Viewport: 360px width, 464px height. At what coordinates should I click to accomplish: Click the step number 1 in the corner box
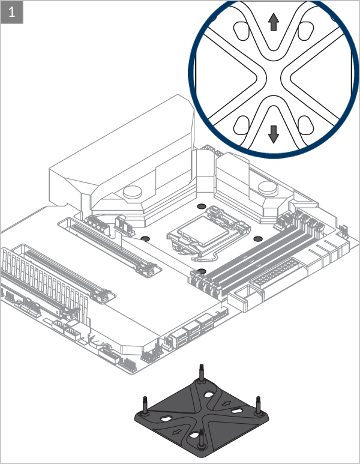pos(12,13)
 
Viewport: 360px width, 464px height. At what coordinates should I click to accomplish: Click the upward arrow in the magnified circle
pos(274,22)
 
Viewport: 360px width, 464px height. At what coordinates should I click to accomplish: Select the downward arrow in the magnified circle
pos(274,134)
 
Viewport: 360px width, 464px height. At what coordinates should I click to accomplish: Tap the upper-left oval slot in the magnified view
pos(241,31)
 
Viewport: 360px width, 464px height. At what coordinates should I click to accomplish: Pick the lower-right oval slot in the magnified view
pos(305,125)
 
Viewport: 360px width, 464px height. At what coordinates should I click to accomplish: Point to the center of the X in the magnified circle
pos(274,77)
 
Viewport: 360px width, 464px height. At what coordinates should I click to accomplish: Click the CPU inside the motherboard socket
pos(205,231)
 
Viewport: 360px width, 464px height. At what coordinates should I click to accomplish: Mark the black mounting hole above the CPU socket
pos(202,206)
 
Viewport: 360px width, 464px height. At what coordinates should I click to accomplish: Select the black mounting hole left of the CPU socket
pos(145,238)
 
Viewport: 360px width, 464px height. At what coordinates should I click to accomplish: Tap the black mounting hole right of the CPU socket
pos(258,238)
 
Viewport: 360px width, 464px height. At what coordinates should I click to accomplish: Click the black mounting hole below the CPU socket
pos(202,271)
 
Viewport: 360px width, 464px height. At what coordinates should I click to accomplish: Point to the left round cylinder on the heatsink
pos(133,191)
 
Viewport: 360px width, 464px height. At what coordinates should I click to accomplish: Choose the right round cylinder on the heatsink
pos(268,188)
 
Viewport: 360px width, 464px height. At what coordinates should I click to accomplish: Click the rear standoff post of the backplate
pos(202,373)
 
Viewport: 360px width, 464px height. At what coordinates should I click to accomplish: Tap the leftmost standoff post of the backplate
pos(145,405)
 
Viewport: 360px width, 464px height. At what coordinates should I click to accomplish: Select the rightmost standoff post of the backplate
pos(258,405)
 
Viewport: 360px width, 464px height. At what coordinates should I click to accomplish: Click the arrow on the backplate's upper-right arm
pos(227,403)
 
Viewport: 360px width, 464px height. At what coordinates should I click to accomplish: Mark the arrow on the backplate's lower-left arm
pos(177,432)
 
